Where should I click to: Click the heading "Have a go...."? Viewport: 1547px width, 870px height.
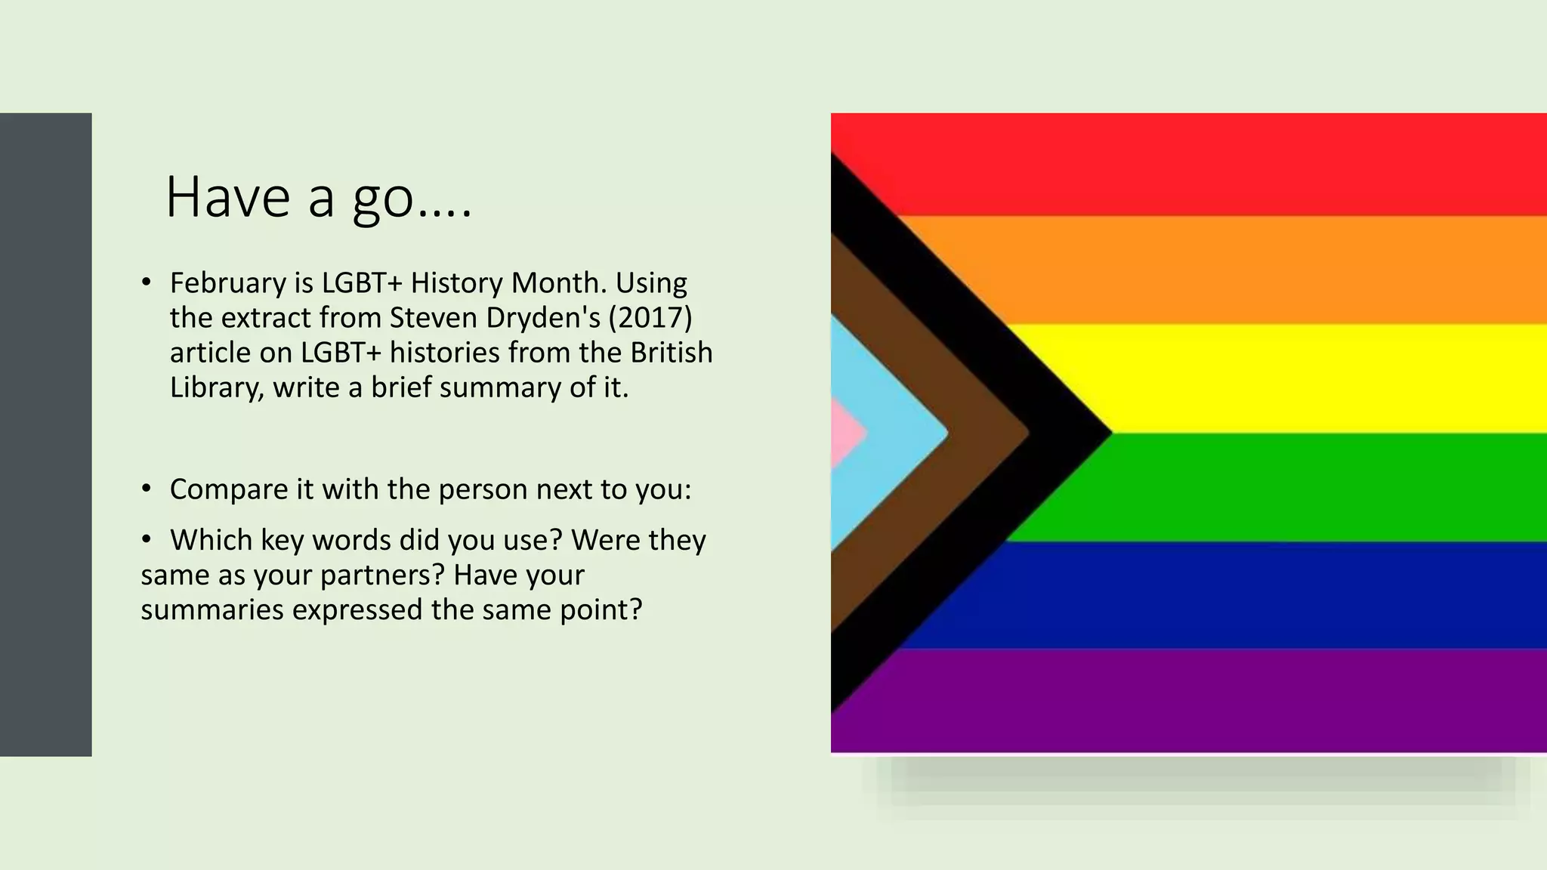[x=318, y=197]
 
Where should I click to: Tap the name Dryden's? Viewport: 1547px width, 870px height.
[x=543, y=318]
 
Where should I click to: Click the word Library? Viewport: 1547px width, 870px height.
[x=216, y=388]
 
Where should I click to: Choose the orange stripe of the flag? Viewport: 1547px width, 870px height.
[x=1246, y=270]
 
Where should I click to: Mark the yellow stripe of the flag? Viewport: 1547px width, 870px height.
[x=1322, y=378]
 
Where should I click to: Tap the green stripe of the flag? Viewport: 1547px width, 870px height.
[x=1322, y=487]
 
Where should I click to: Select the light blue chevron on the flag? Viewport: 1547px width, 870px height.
[x=891, y=433]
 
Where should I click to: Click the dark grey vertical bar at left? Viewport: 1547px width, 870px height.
[x=45, y=434]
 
